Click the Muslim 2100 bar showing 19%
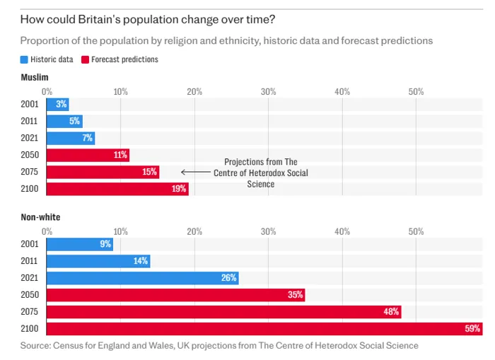click(x=117, y=189)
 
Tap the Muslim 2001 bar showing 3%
click(x=57, y=105)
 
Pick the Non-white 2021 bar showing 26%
click(x=142, y=278)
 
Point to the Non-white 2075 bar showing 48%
click(x=223, y=312)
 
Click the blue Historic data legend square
click(x=24, y=59)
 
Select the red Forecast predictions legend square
click(x=85, y=59)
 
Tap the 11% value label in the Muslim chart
click(x=120, y=155)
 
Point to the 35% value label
click(x=296, y=295)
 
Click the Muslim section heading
click(x=35, y=76)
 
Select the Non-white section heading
click(x=40, y=217)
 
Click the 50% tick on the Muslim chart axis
click(x=416, y=91)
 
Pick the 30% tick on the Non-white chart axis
click(x=268, y=231)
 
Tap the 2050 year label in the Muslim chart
click(x=30, y=155)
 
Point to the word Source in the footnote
click(x=35, y=346)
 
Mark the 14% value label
click(x=141, y=261)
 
